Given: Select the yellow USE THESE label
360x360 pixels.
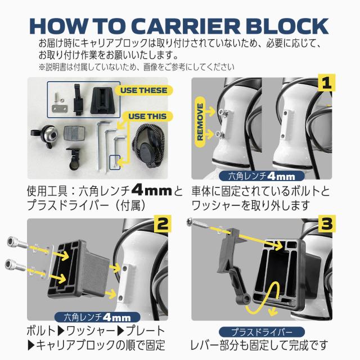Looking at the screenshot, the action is [x=144, y=90].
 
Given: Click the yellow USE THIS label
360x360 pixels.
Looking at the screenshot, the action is [x=147, y=116].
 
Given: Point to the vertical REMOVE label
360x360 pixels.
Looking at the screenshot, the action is [x=200, y=122].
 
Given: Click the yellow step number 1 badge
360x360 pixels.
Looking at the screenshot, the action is [x=326, y=83].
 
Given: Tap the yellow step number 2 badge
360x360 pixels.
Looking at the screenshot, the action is [x=163, y=224].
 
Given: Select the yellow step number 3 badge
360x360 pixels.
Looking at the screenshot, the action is [x=326, y=224].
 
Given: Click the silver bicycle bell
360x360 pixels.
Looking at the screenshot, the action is [x=45, y=136].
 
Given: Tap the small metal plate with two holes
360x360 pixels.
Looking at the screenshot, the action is [x=59, y=109].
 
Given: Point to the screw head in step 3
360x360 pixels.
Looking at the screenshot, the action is [x=190, y=222].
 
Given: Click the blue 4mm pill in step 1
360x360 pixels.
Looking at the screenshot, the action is [x=262, y=176].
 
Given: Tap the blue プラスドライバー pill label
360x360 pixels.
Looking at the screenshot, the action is [x=262, y=332].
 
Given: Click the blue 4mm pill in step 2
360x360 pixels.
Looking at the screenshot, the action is [x=97, y=317].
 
